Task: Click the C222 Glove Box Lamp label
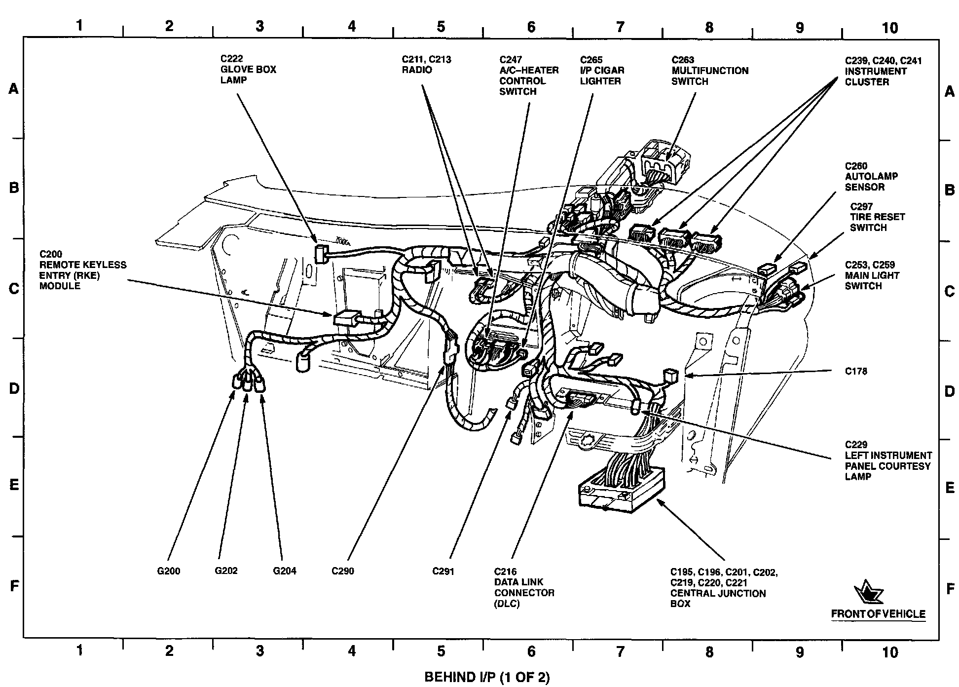[x=248, y=69]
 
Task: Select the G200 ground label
[x=168, y=571]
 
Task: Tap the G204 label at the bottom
[x=285, y=571]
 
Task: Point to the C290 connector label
[x=342, y=571]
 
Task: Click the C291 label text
[x=443, y=571]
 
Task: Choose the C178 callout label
[x=855, y=371]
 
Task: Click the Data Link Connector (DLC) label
[x=524, y=587]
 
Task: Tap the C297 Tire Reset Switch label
[x=877, y=217]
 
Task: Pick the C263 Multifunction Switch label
[x=709, y=71]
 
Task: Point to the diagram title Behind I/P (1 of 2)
[x=486, y=677]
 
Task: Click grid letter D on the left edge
[x=14, y=388]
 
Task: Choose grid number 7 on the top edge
[x=620, y=27]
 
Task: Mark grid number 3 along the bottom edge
[x=259, y=651]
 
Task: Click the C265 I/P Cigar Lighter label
[x=602, y=70]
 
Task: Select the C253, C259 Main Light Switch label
[x=872, y=275]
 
